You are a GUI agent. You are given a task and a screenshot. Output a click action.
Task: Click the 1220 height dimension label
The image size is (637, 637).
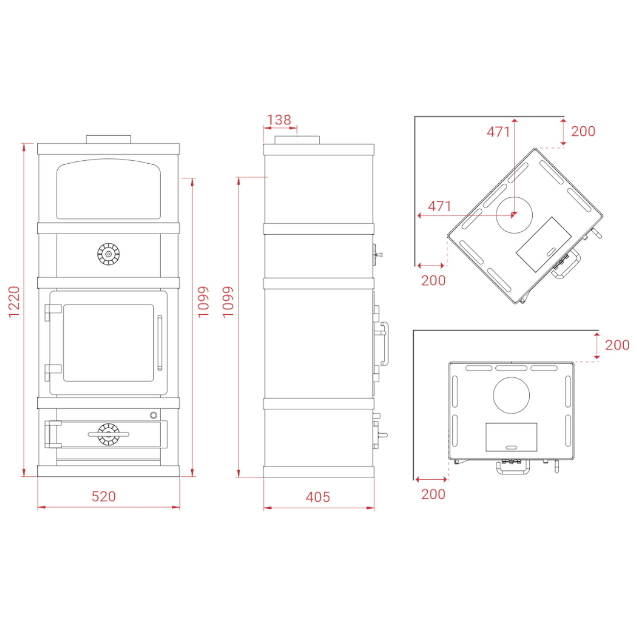click(x=14, y=302)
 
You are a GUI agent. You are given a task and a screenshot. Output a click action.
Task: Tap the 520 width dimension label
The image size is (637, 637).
click(x=103, y=496)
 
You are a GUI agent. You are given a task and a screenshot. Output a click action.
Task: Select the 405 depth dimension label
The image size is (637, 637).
click(x=318, y=497)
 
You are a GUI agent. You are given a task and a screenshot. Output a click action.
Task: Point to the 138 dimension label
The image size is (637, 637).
click(x=279, y=120)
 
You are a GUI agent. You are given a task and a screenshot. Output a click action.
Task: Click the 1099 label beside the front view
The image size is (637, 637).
click(x=203, y=302)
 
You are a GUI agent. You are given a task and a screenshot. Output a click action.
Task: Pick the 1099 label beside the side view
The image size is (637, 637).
click(x=228, y=302)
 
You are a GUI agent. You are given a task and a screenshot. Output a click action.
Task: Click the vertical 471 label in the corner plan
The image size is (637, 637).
click(x=498, y=132)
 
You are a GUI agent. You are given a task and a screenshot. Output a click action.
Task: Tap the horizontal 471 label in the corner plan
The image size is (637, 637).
click(x=440, y=206)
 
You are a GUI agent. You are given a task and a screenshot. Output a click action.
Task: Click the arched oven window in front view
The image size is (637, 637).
click(x=108, y=189)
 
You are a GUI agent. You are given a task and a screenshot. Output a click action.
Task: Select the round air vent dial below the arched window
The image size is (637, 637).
click(x=108, y=254)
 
